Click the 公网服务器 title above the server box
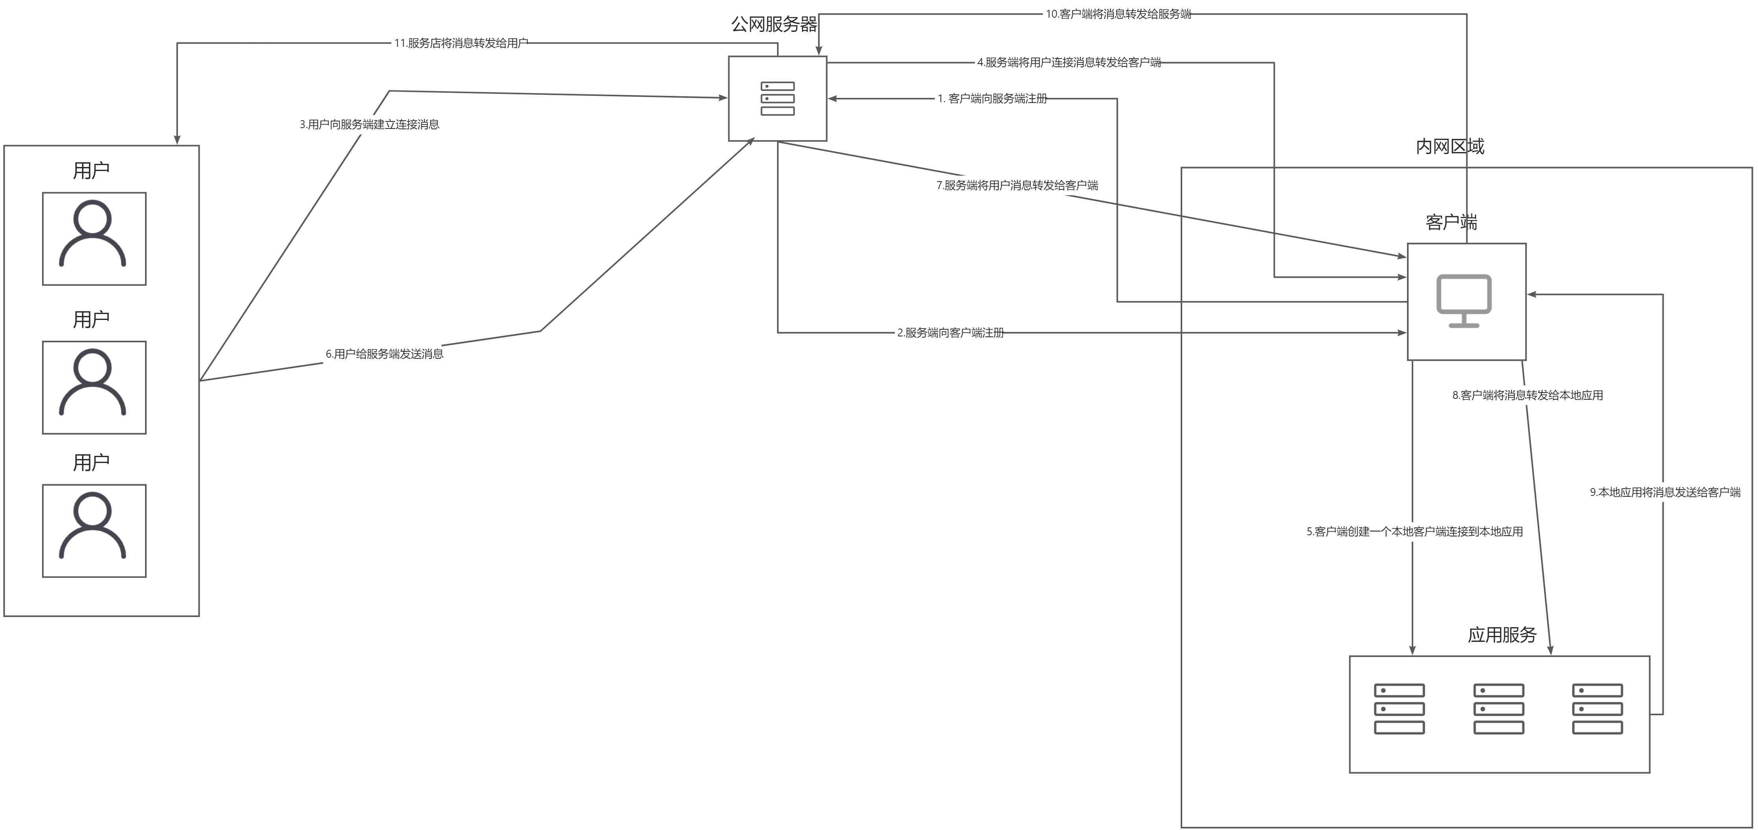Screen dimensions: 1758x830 (x=774, y=25)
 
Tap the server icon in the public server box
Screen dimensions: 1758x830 (x=777, y=99)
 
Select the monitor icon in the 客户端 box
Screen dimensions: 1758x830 (x=1464, y=301)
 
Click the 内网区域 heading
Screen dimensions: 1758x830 (x=1449, y=146)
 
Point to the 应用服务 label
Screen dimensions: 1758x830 (x=1501, y=635)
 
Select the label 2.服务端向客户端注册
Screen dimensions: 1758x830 (x=950, y=333)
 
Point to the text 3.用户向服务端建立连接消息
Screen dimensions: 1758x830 (x=369, y=124)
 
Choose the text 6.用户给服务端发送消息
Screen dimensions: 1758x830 (x=384, y=354)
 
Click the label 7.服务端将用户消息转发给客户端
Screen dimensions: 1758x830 (x=1017, y=185)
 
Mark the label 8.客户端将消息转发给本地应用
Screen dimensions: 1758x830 (x=1527, y=395)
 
